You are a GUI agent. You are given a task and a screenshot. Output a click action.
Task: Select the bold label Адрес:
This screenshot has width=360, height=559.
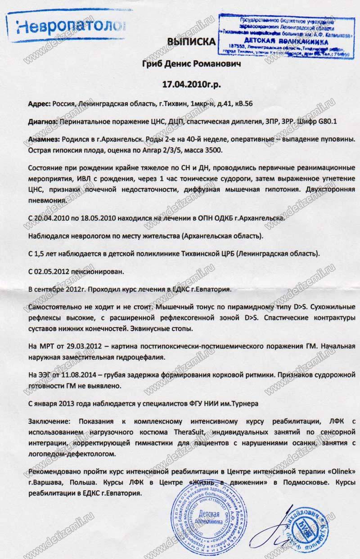[x=39, y=104]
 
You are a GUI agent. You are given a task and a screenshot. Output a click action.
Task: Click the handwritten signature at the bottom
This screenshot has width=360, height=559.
[x=274, y=531]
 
